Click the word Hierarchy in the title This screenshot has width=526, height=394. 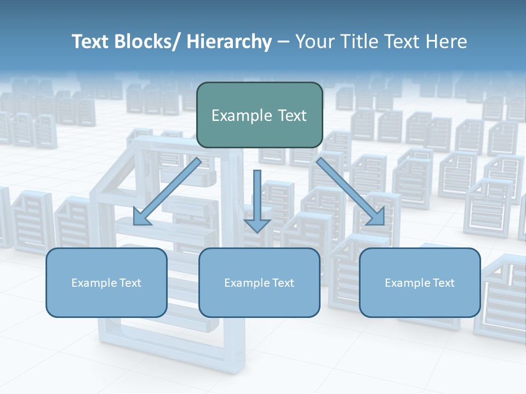[x=229, y=42]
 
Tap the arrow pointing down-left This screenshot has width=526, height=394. [x=167, y=192]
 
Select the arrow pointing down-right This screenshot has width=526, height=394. [x=351, y=192]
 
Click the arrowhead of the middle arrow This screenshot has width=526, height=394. [x=257, y=225]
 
